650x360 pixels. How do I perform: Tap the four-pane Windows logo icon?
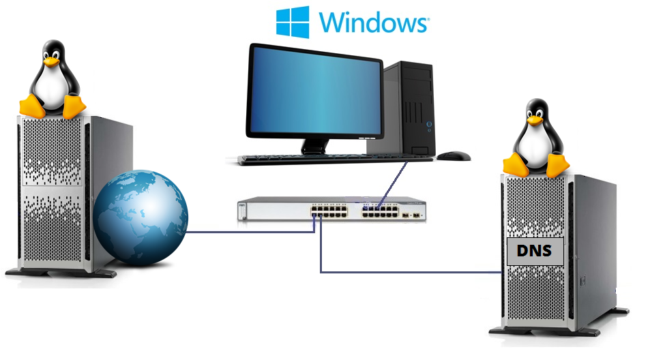(292, 22)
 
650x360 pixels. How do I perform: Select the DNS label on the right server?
(534, 251)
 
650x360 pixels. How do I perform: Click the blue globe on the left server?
(140, 217)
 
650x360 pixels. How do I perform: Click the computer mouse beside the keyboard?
(453, 156)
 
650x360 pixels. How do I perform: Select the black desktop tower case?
(409, 106)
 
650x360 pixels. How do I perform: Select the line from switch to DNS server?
(409, 273)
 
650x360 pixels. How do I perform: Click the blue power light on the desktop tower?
(429, 125)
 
